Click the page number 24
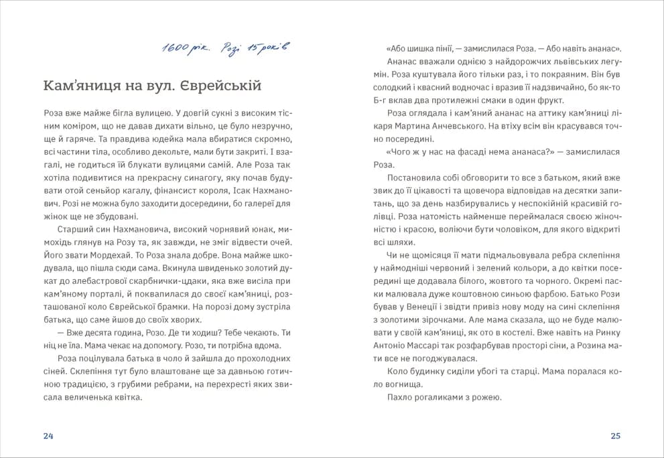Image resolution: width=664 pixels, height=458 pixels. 48,436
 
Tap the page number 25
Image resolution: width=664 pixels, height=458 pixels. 616,436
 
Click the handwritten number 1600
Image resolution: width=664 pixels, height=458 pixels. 176,48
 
